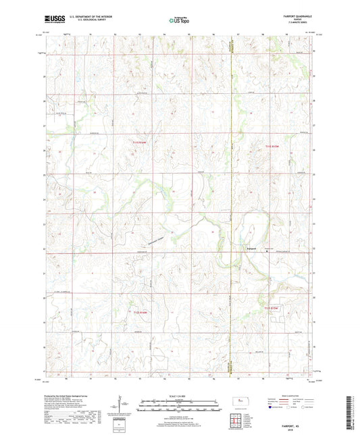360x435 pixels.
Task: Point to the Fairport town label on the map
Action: pyautogui.click(x=247, y=249)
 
